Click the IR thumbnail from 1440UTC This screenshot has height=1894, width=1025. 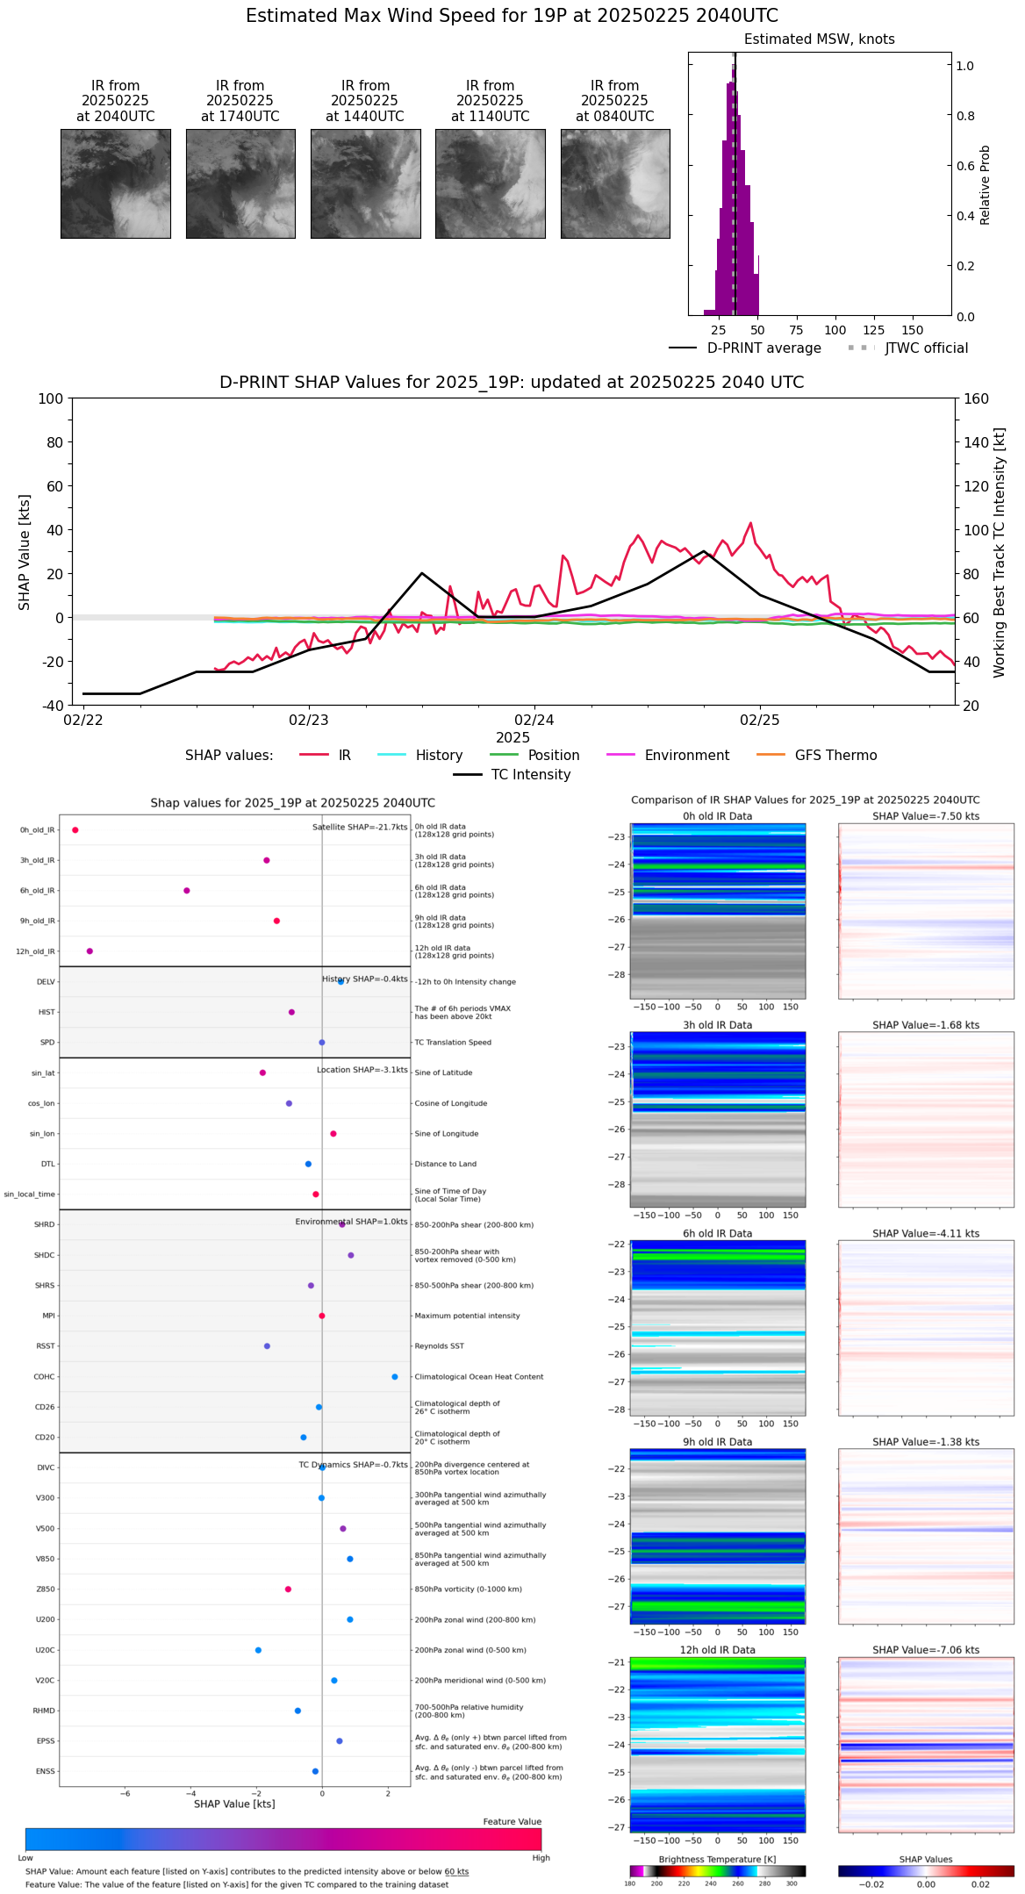pos(365,183)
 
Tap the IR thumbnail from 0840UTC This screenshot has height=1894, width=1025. pos(615,183)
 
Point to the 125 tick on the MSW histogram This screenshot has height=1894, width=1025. pos(873,331)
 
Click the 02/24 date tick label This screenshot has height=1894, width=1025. pos(534,721)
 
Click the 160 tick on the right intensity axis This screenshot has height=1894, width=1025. pos(976,398)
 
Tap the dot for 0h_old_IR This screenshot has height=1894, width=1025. pos(75,830)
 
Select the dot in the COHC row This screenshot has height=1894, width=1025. pos(395,1377)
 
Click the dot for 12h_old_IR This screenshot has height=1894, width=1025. pos(90,951)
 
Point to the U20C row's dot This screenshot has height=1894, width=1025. pos(258,1650)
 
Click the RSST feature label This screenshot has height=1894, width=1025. pos(46,1346)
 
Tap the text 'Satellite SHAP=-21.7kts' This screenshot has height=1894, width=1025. pos(360,828)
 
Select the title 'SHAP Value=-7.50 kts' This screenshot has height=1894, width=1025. pos(926,816)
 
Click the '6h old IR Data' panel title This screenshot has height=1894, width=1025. pos(717,1234)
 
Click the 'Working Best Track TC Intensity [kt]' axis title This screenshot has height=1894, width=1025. pos(1000,553)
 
